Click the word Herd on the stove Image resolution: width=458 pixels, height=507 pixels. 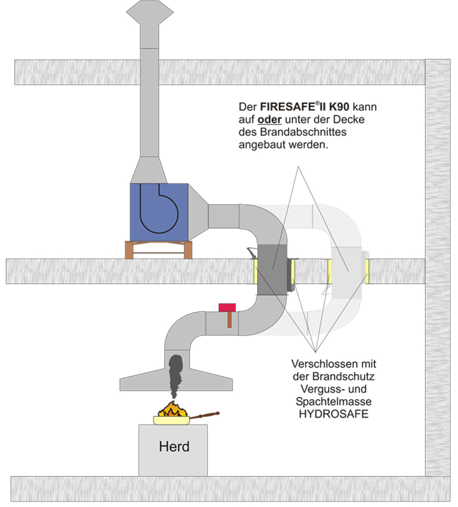pyautogui.click(x=174, y=447)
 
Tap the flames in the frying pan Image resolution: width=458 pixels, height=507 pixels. pyautogui.click(x=172, y=410)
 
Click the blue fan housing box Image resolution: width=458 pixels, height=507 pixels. pyautogui.click(x=159, y=212)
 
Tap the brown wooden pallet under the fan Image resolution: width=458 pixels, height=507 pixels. pyautogui.click(x=158, y=250)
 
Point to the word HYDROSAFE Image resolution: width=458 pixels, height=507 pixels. pyautogui.click(x=333, y=415)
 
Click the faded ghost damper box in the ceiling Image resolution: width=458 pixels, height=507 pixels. pyautogui.click(x=347, y=270)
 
